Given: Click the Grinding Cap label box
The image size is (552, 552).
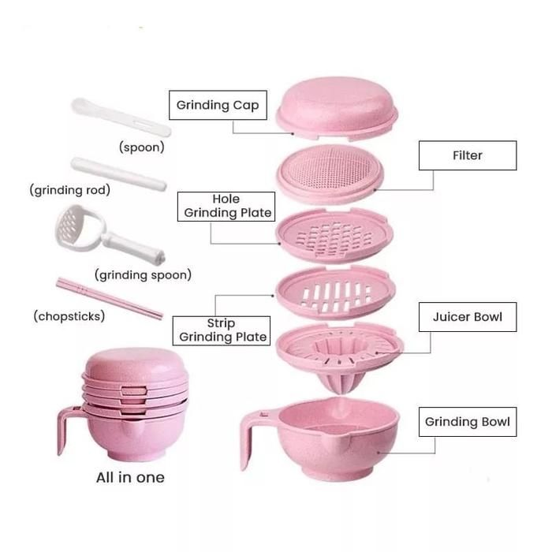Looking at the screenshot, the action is click(x=218, y=105).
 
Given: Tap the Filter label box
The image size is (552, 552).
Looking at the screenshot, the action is click(x=468, y=155).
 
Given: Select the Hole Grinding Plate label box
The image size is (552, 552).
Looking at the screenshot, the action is click(x=226, y=207).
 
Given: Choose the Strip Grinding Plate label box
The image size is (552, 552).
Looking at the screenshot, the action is click(x=221, y=330).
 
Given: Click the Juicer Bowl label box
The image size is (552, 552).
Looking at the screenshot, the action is click(x=468, y=317).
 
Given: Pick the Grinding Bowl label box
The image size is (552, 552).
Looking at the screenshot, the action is click(x=468, y=422).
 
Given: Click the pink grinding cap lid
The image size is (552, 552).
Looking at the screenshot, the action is click(x=337, y=108).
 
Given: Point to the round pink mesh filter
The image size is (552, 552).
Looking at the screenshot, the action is click(x=330, y=173).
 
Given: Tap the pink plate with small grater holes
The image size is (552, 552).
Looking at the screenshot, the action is click(x=334, y=235).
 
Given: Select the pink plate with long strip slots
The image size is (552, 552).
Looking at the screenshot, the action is click(x=335, y=293).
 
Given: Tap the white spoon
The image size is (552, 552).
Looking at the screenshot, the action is click(x=121, y=117).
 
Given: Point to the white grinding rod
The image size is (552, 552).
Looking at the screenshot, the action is click(x=118, y=174).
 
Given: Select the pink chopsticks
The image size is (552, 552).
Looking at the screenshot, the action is click(x=110, y=299).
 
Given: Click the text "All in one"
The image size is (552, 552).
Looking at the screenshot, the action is click(x=130, y=477).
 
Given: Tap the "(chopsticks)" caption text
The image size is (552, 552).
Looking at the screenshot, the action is click(x=69, y=316).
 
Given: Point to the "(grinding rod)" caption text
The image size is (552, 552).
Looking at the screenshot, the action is click(x=69, y=190).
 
